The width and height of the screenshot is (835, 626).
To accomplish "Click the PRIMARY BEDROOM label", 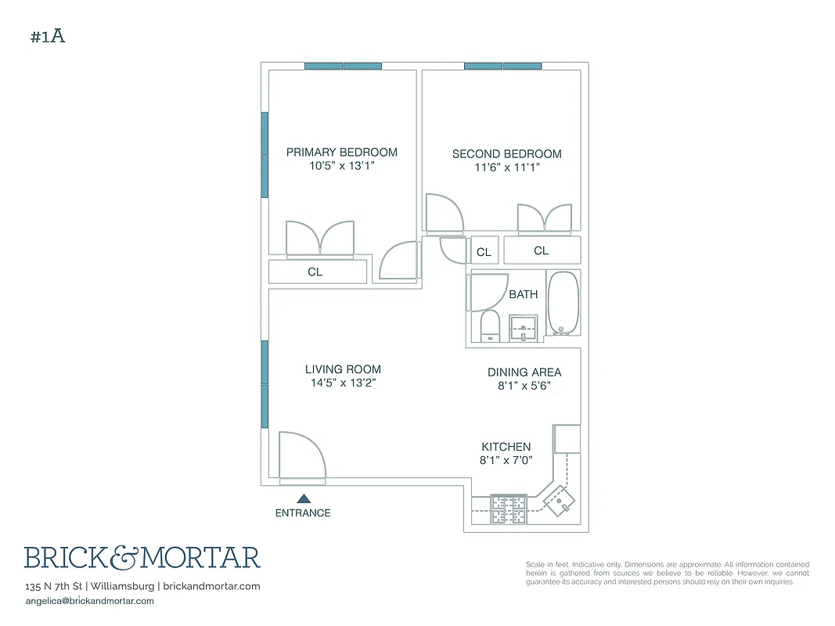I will [x=341, y=153].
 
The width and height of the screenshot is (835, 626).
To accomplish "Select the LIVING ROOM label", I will [x=343, y=369].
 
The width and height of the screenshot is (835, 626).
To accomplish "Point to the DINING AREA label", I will [x=524, y=372].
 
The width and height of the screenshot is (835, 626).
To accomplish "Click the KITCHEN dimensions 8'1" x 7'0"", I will [x=506, y=461].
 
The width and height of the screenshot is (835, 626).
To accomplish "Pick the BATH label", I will [x=524, y=294].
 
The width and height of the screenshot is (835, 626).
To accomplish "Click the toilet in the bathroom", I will [x=489, y=326].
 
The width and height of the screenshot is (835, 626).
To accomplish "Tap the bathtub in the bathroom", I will [x=563, y=303].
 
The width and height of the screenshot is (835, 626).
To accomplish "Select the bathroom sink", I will [x=524, y=329].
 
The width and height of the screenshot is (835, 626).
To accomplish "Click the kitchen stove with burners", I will [x=508, y=509].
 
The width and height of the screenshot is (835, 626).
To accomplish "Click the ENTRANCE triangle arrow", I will [x=304, y=498].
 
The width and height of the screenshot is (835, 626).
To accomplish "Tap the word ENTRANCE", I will [x=303, y=513].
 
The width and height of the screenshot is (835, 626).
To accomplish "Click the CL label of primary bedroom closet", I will [x=315, y=272].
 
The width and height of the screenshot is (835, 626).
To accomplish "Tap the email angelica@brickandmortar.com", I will [x=90, y=601].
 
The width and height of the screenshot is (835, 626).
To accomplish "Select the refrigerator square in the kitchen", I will [x=567, y=438].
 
